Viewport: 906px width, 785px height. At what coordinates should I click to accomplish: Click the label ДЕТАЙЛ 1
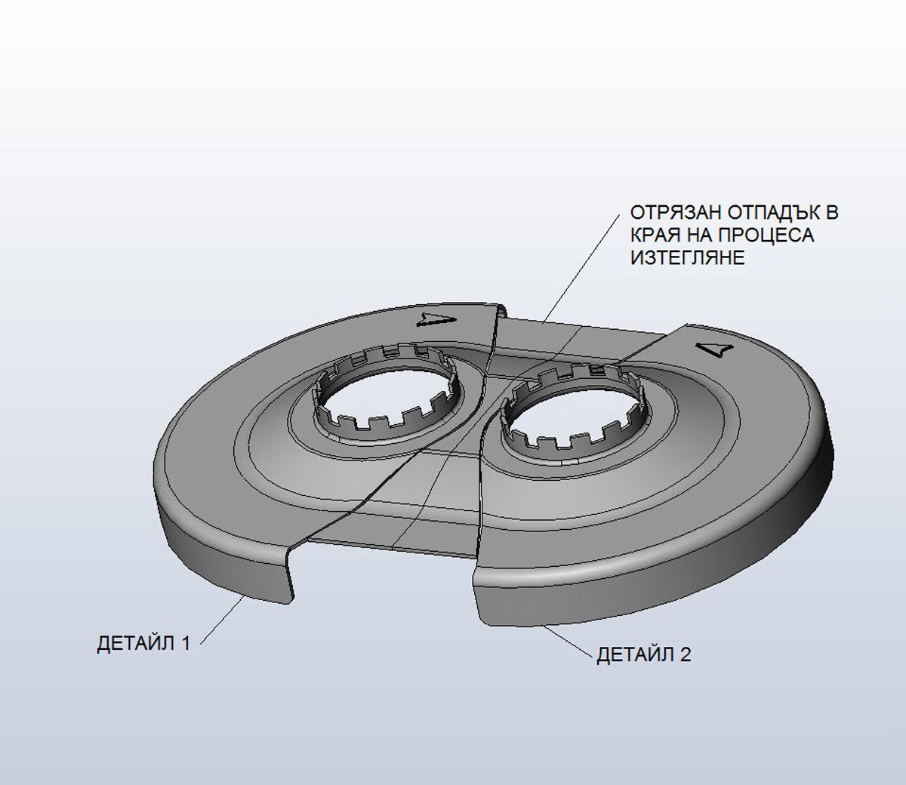[x=144, y=644]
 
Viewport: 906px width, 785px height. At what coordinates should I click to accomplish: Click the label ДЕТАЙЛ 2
[x=643, y=654]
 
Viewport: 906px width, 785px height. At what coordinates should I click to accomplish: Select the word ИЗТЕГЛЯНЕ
[x=687, y=258]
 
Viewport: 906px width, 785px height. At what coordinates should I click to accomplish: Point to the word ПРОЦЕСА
[x=771, y=235]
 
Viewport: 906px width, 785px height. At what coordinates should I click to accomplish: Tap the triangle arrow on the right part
[x=714, y=349]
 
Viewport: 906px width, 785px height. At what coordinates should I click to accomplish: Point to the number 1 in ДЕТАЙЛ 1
[x=184, y=644]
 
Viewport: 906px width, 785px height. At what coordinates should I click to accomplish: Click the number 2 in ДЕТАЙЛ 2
[x=684, y=654]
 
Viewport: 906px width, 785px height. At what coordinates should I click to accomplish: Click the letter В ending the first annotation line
[x=831, y=214]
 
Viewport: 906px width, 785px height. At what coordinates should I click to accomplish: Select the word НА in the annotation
[x=704, y=235]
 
